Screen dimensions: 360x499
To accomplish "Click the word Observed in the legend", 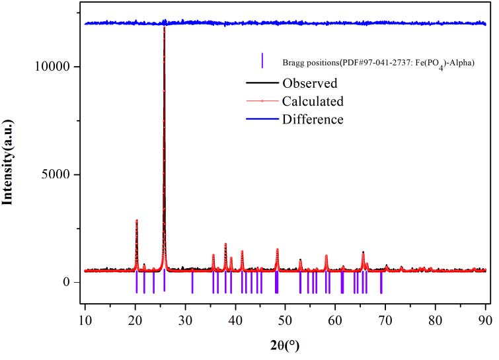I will click(310, 84).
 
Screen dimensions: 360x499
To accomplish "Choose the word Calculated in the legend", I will click(313, 102).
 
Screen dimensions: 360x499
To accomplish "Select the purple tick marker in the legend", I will click(263, 61).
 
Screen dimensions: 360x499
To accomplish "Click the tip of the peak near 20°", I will click(136, 220).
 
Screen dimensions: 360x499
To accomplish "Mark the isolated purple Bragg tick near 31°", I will click(192, 282).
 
